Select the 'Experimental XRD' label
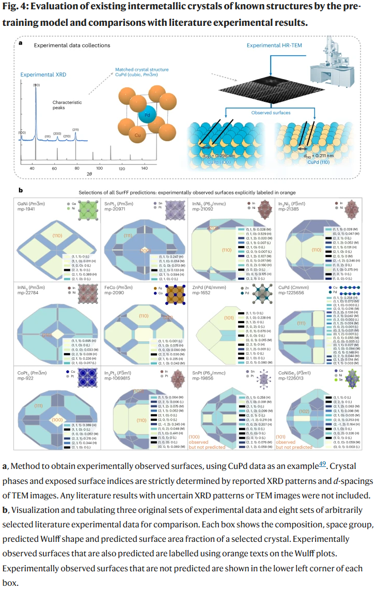[43, 74]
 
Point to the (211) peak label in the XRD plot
[75, 130]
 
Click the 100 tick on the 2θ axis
[100, 169]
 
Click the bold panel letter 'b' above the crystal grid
[21, 190]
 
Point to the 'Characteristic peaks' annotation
[67, 105]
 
